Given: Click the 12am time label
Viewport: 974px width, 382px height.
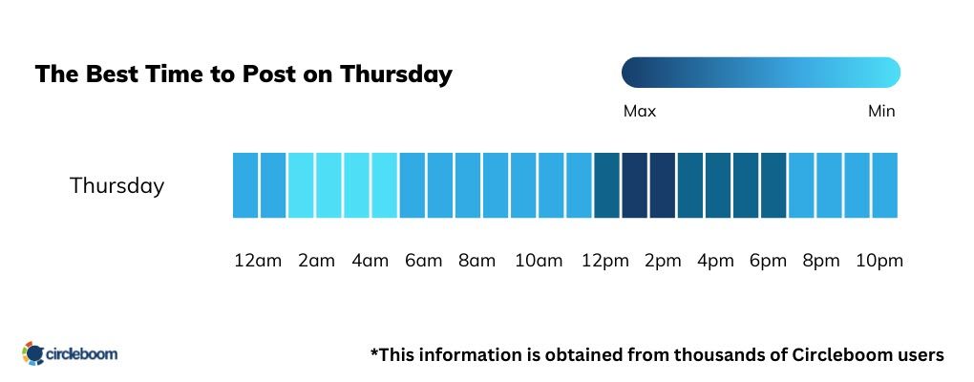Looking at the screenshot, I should coord(258,261).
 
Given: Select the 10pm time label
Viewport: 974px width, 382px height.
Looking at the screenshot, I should coord(879,261).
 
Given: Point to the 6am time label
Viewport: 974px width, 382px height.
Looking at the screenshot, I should coord(422,261).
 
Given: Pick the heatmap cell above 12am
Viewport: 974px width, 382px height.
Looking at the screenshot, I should coord(245,184).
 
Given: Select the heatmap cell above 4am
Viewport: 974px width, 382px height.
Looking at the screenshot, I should coord(357,184).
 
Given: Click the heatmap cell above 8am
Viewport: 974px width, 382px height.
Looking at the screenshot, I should coord(468,184).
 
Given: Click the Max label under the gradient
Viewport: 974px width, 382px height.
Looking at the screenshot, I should coord(639,112).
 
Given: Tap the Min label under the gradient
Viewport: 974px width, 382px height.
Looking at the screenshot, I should coord(880,112).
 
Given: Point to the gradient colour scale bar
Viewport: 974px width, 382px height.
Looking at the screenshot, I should coord(760,73).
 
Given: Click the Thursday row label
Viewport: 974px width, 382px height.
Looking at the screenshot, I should coord(116,185).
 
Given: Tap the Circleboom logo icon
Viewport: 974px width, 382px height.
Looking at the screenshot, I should coord(33,353).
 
